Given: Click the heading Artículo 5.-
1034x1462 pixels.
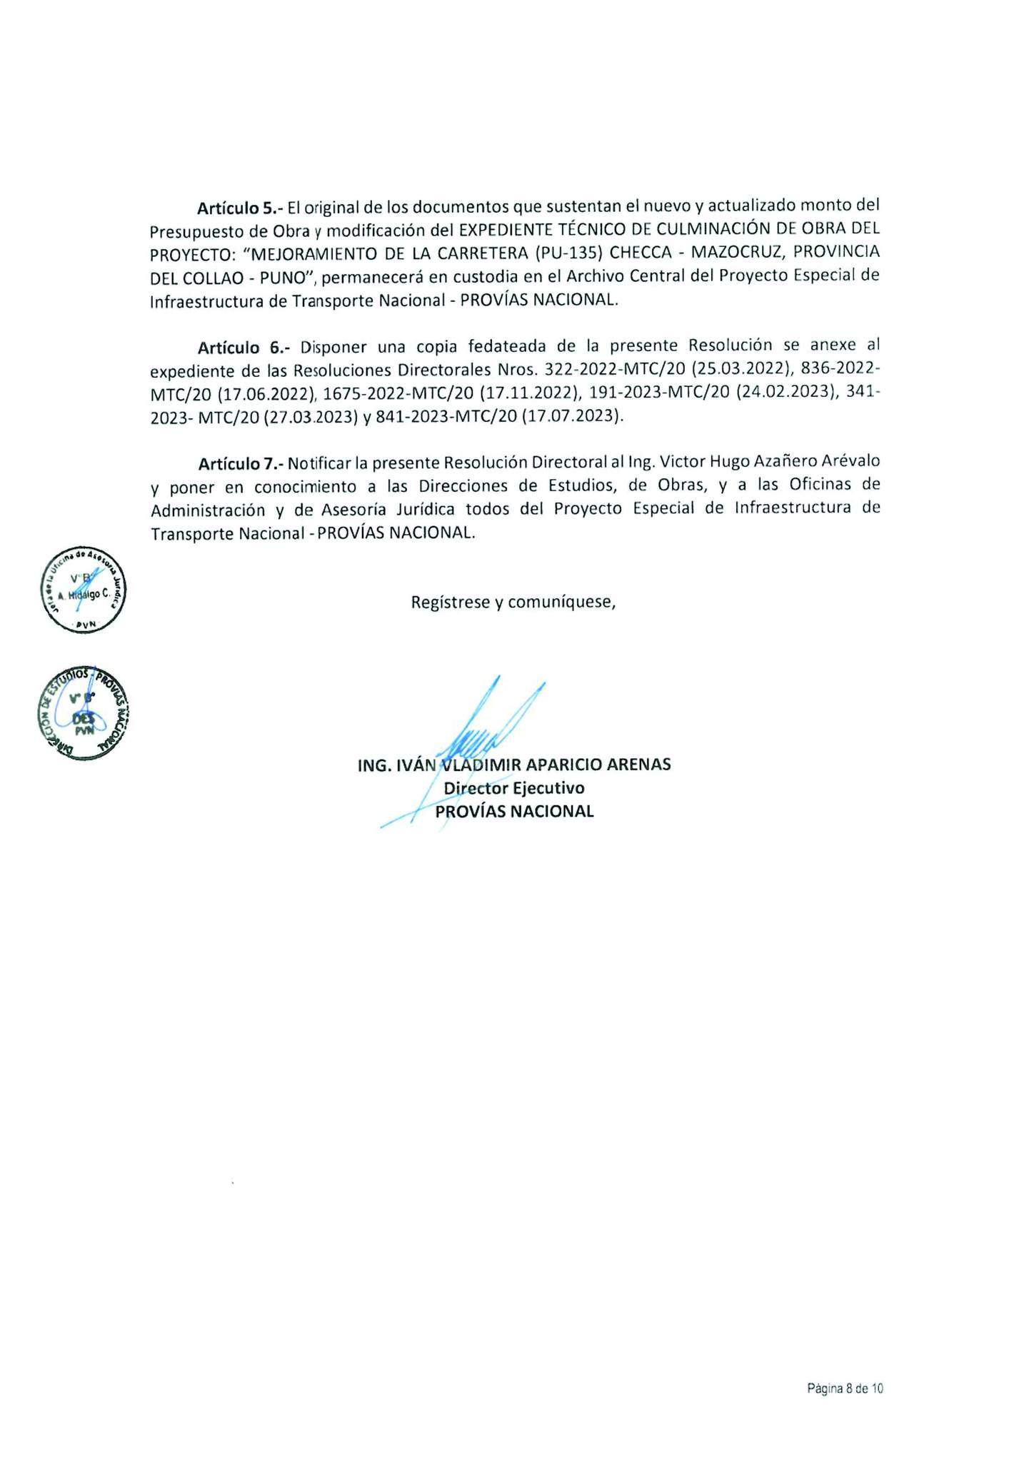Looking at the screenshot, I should (240, 208).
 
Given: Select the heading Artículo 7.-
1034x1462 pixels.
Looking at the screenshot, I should (241, 463).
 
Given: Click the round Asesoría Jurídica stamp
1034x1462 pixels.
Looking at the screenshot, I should (83, 590).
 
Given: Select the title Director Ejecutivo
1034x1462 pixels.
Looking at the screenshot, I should (514, 788).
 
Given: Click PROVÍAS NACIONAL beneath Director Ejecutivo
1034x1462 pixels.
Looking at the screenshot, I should (514, 812).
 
